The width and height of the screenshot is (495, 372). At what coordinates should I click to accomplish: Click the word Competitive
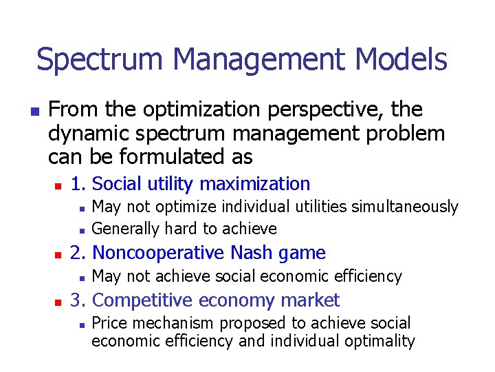[140, 300]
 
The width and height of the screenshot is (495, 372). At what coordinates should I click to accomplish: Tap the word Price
[107, 323]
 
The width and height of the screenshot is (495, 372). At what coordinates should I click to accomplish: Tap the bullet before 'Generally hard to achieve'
[81, 229]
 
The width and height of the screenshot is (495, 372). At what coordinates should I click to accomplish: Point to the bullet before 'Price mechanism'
[81, 324]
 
